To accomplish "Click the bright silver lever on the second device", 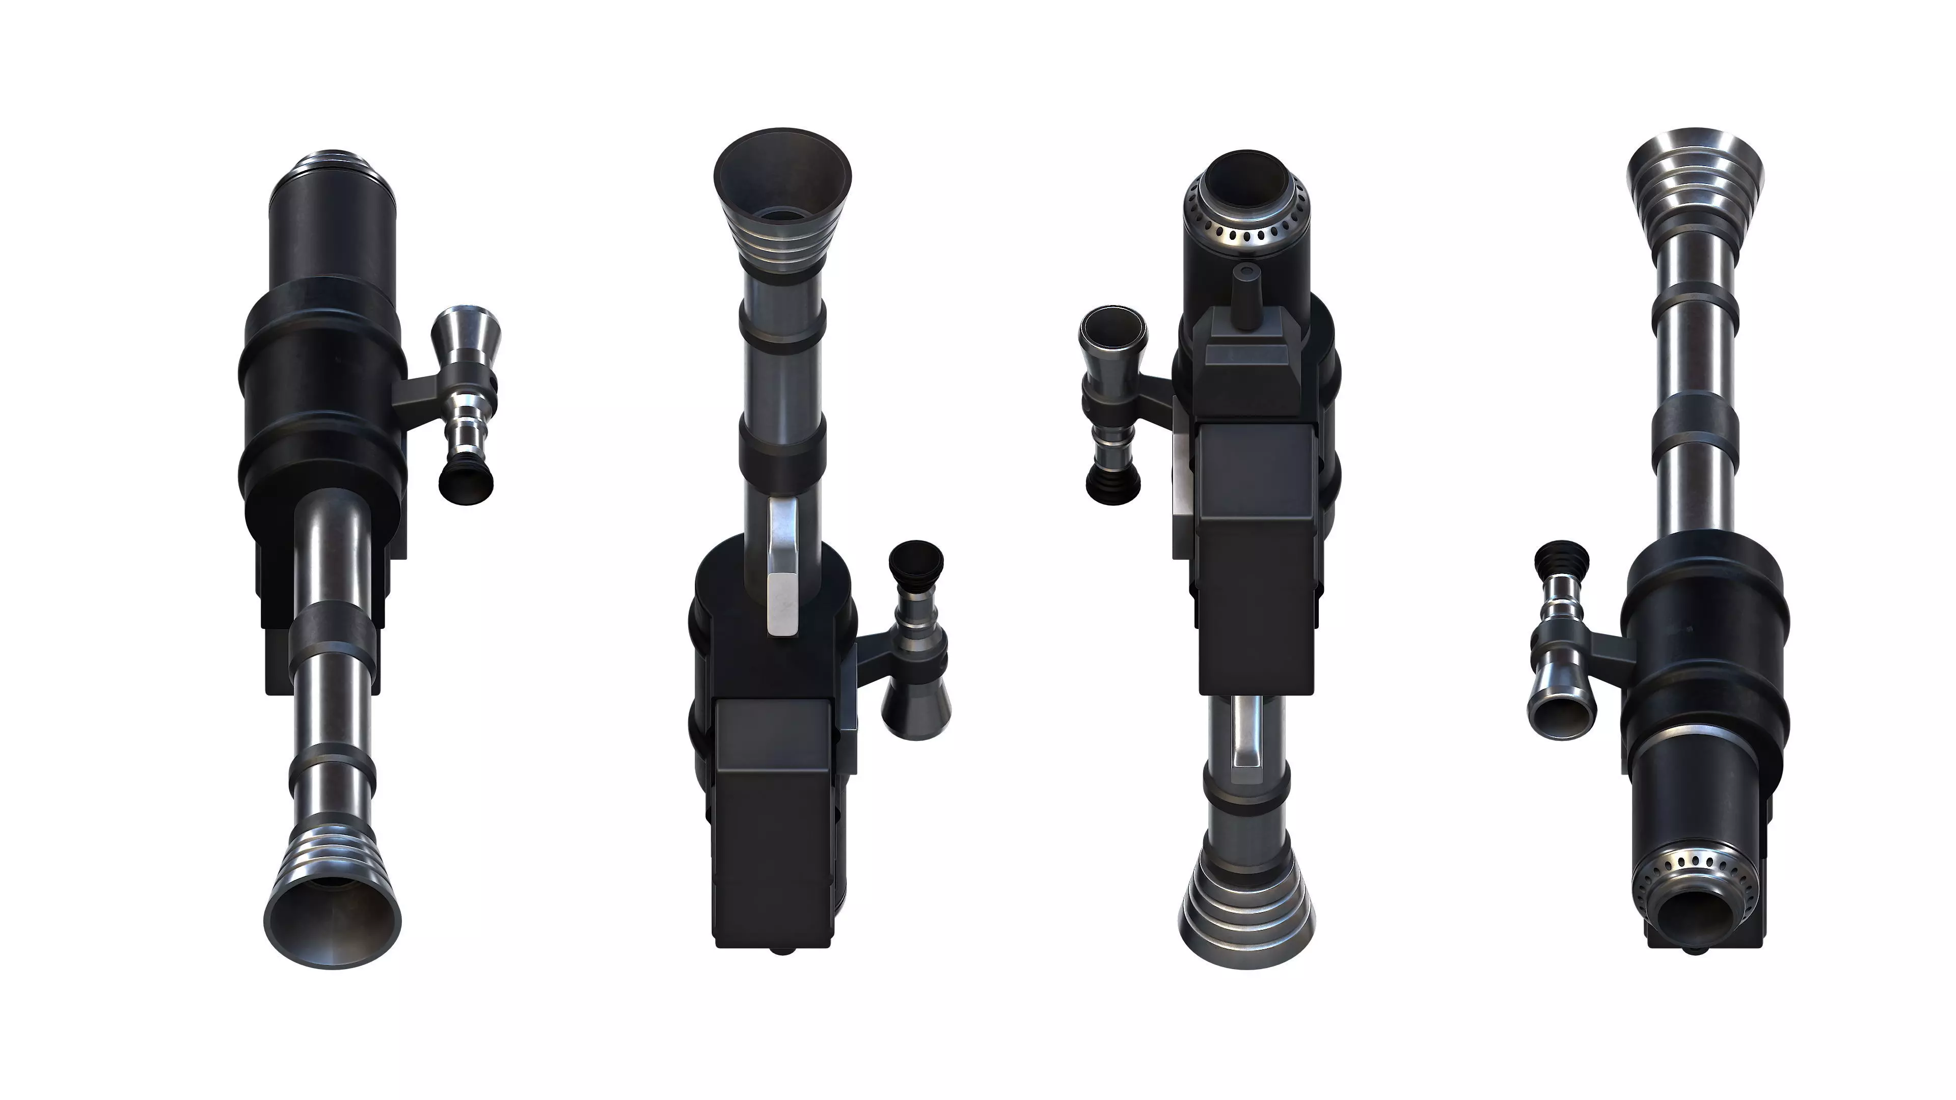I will (x=782, y=577).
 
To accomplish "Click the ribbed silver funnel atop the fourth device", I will (x=1695, y=182).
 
